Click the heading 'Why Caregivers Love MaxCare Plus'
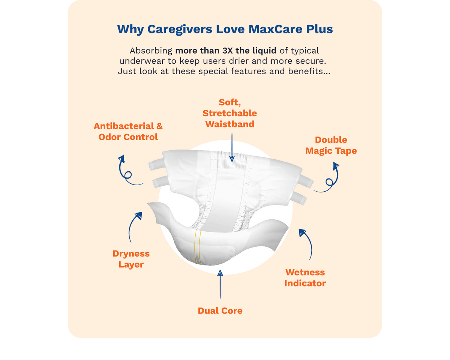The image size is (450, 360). click(x=225, y=29)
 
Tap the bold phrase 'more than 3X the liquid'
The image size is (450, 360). click(x=226, y=51)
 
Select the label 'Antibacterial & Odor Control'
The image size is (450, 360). click(x=128, y=132)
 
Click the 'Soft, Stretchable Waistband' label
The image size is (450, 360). click(x=229, y=113)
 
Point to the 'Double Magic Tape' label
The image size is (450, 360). click(x=331, y=145)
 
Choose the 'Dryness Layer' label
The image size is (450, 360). click(x=131, y=259)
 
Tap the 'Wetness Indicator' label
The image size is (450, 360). click(x=305, y=278)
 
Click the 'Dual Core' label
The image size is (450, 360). click(x=220, y=311)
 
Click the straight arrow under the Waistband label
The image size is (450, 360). click(x=232, y=147)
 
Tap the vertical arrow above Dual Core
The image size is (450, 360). click(x=220, y=284)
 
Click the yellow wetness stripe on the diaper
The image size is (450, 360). click(x=197, y=247)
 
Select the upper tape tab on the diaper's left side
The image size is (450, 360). click(x=156, y=164)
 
